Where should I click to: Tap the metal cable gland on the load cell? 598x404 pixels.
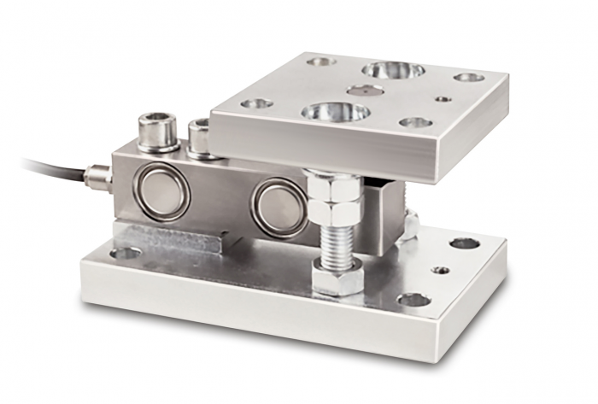point(97,178)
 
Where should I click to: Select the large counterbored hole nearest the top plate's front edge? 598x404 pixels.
point(335,112)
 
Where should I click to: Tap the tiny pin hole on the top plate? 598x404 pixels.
point(442,99)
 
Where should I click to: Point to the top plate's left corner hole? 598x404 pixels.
point(256,103)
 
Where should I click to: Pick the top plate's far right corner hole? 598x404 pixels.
point(468,78)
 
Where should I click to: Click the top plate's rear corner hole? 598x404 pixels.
point(320,61)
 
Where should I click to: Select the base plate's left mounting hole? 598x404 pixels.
point(126,253)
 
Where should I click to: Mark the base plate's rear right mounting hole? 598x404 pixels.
point(464,243)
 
